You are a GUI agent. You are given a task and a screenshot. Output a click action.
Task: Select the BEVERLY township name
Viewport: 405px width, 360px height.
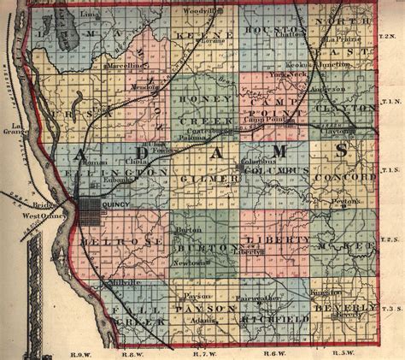[x=344, y=306]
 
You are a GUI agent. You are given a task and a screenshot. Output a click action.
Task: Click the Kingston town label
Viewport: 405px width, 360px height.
[x=328, y=292]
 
